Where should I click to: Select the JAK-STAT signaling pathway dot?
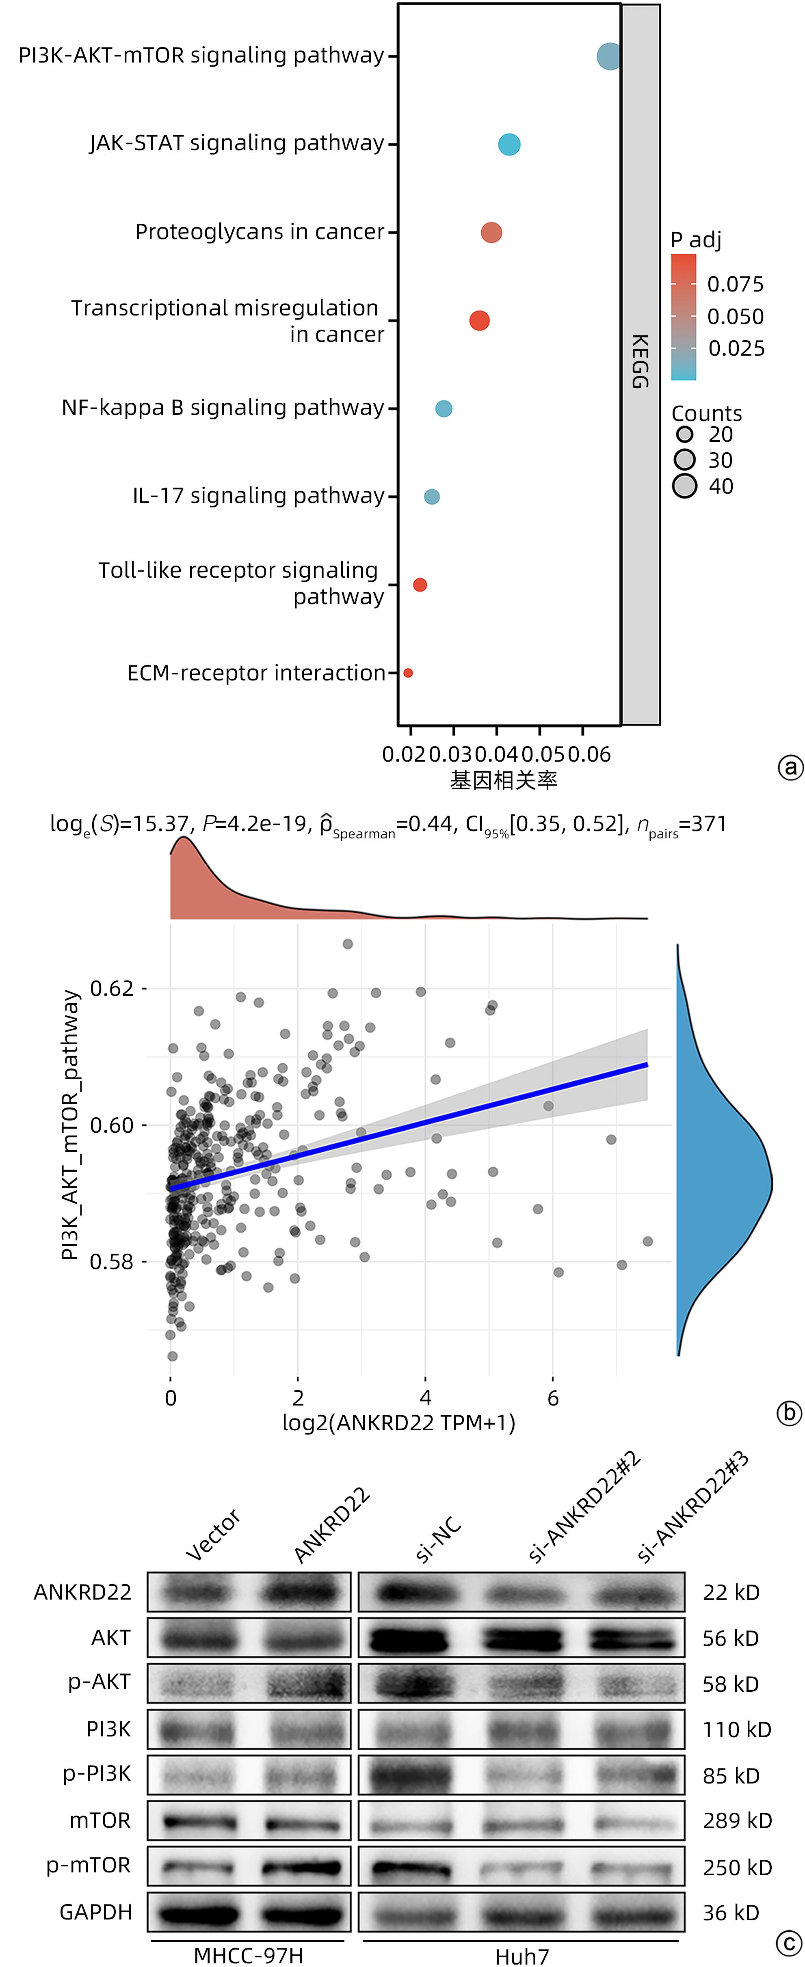point(509,144)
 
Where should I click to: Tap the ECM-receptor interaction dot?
point(408,673)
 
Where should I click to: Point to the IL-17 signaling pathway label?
point(258,497)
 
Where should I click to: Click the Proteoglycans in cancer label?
point(260,232)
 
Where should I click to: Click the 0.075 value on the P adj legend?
point(735,285)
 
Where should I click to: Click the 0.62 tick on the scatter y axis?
point(112,989)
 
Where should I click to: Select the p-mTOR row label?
point(89,1866)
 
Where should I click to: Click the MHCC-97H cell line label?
point(248,1956)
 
